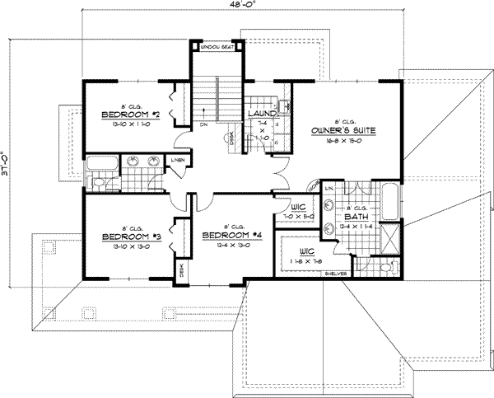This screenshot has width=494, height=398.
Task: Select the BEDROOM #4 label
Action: (x=231, y=236)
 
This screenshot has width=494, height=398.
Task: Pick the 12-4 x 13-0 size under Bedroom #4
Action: (x=231, y=245)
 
